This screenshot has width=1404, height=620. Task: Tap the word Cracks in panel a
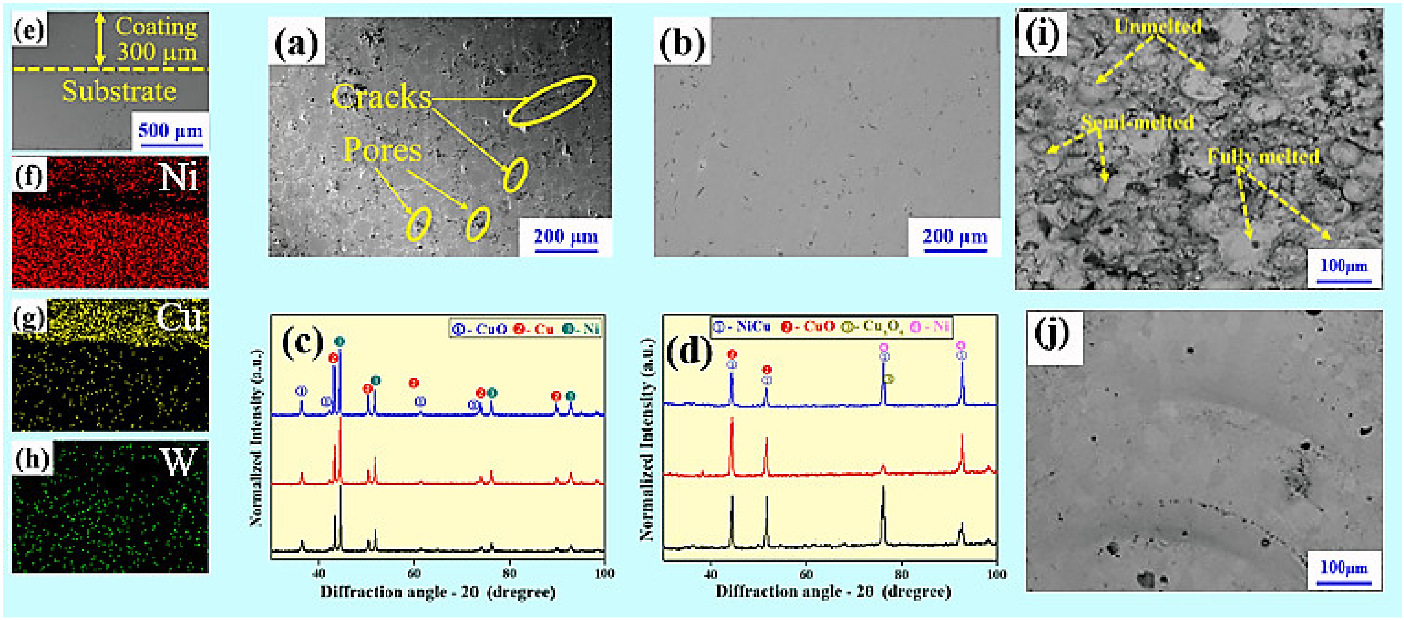381,97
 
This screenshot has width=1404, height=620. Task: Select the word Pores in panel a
382,150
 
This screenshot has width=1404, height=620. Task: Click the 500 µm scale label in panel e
170,130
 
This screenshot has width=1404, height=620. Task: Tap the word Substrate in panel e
119,92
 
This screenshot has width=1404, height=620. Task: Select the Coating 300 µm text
156,39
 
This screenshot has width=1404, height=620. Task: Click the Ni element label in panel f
178,177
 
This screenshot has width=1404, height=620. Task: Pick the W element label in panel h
178,462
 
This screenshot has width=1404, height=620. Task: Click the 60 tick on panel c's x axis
414,573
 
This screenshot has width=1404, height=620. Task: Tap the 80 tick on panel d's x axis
901,574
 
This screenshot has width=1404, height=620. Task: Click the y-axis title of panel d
647,439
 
